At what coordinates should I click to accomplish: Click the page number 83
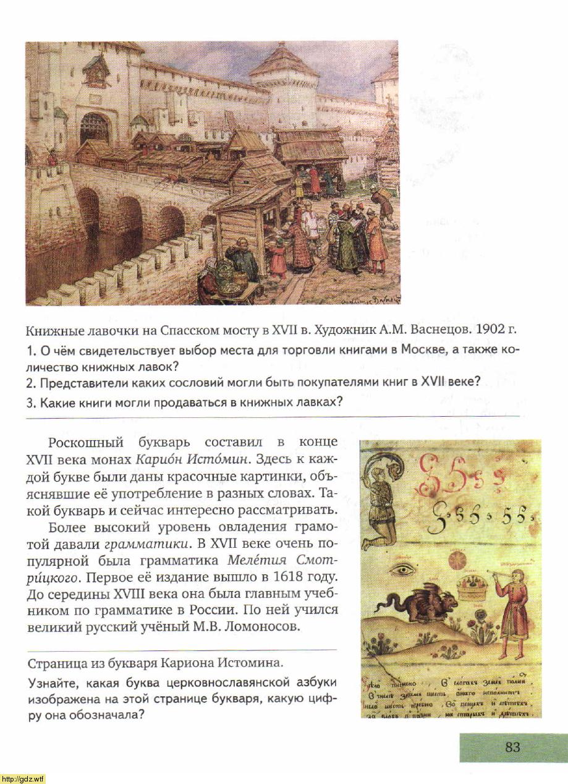click(512, 747)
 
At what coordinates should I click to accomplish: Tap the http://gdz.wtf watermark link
click(23, 778)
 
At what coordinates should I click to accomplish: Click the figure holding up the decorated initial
click(378, 501)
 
